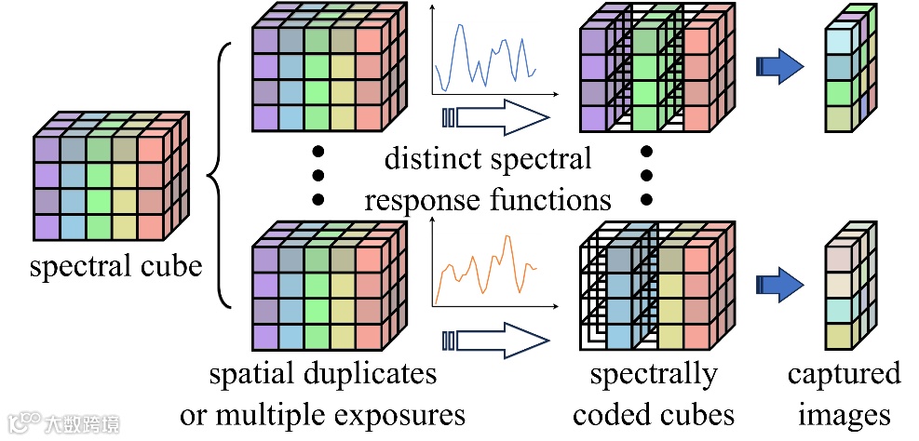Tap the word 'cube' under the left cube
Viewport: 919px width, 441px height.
click(x=169, y=268)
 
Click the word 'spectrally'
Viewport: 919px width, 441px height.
click(x=654, y=374)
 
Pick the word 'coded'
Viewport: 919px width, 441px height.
click(x=612, y=413)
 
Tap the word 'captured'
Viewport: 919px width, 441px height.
click(x=844, y=374)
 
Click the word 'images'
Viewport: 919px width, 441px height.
click(x=844, y=413)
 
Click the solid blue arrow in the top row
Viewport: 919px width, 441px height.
click(x=780, y=65)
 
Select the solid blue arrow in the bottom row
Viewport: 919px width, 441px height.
click(x=780, y=281)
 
